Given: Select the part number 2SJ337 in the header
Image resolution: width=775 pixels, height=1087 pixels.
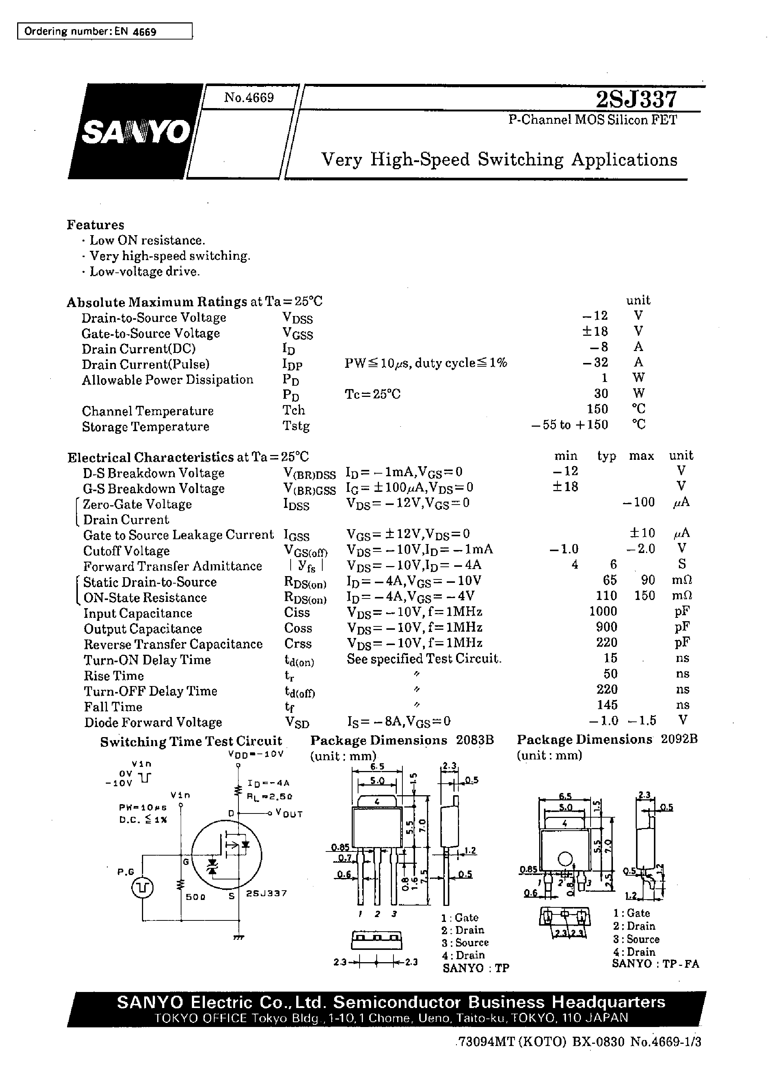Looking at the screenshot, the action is click(636, 99).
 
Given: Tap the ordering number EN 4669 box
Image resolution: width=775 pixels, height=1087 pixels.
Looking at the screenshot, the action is click(105, 32).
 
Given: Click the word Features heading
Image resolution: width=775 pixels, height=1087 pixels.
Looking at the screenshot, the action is click(95, 225).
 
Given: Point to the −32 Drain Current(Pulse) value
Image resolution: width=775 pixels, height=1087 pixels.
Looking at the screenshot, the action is click(595, 362).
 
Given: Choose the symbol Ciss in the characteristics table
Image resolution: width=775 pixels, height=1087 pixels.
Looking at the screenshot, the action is click(297, 612).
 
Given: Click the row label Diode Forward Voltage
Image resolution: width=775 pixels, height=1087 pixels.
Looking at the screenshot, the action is click(153, 722).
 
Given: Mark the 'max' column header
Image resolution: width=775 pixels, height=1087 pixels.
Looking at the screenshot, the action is click(641, 456).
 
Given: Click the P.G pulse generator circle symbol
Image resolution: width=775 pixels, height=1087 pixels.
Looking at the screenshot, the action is click(142, 888).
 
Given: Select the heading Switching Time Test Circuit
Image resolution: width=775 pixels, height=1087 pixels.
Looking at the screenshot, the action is click(191, 742).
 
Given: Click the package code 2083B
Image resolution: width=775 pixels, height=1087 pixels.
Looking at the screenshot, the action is click(475, 740).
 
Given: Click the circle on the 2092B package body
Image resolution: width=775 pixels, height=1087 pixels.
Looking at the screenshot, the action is click(565, 859).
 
